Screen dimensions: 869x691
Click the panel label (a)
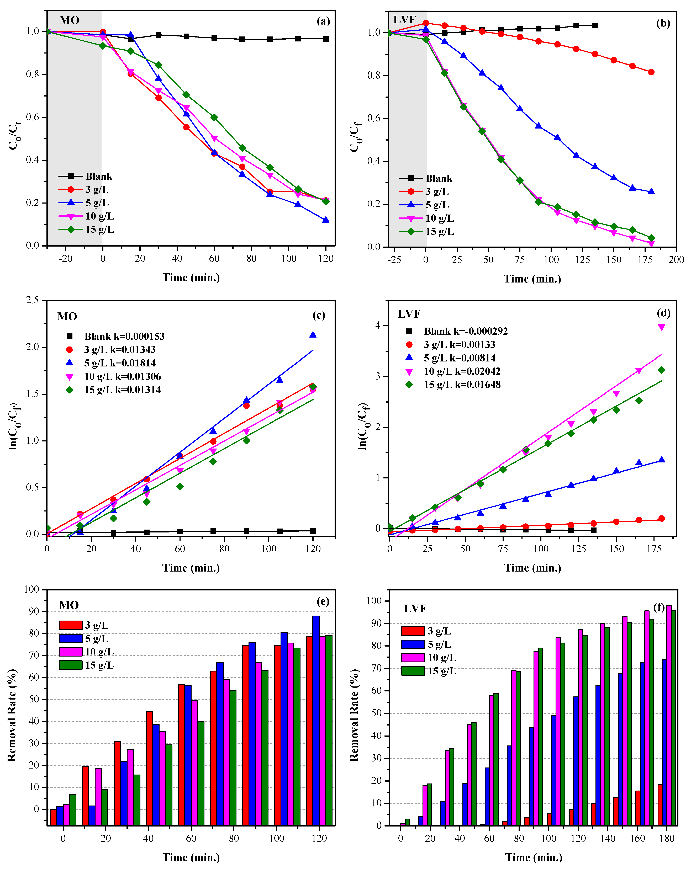pos(323,21)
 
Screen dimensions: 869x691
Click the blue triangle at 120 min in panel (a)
pos(326,220)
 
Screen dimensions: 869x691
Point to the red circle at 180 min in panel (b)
pos(651,72)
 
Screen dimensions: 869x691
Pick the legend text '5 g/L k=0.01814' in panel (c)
pos(120,363)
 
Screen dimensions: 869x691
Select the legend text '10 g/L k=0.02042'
pos(462,371)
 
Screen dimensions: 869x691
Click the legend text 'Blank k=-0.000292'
pos(466,331)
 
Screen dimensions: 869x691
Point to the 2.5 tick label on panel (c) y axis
pos(32,300)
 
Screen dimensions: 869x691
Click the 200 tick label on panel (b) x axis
pos(676,260)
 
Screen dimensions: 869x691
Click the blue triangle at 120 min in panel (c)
pos(313,334)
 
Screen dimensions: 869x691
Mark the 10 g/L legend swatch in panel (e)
pos(71,652)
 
